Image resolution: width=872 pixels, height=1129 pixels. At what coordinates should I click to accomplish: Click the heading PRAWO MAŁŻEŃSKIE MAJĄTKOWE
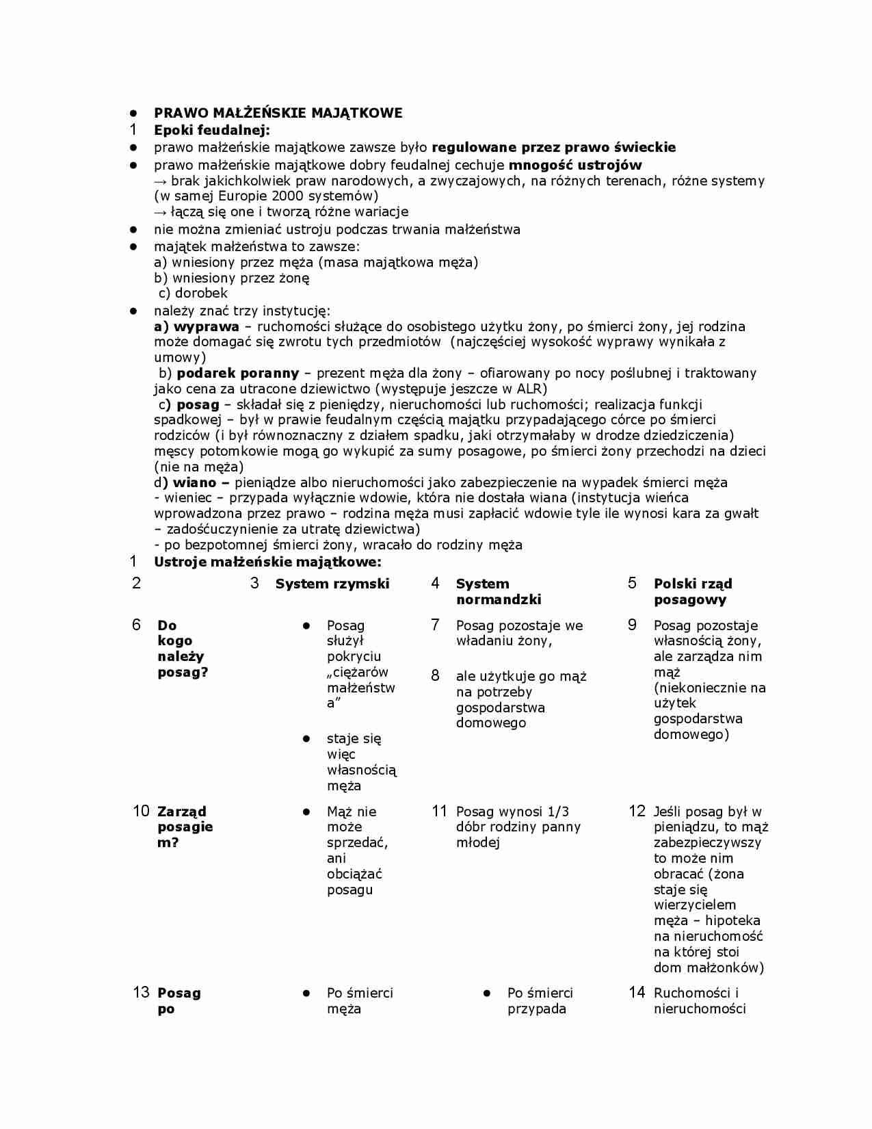(x=278, y=113)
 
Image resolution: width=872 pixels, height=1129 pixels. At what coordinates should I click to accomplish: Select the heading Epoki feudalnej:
(x=211, y=130)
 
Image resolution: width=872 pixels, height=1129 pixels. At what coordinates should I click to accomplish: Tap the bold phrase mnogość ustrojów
(x=575, y=165)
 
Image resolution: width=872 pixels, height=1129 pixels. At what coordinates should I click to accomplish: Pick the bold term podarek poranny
(x=237, y=373)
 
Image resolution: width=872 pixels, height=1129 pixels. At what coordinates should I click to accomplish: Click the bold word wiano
(x=194, y=482)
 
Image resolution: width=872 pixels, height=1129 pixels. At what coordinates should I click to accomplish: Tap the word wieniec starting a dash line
(x=187, y=498)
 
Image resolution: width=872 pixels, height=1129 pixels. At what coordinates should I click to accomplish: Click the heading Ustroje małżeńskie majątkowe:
(x=267, y=562)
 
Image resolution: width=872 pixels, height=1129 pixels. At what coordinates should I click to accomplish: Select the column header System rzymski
(x=332, y=584)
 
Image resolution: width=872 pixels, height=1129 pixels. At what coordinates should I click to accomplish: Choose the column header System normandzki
(x=498, y=591)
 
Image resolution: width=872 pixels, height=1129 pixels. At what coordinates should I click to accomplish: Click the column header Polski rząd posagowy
(x=692, y=591)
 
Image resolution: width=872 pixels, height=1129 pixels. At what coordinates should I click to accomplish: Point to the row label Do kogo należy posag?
(x=182, y=649)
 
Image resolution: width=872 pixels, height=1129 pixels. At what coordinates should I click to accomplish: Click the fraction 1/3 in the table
(x=558, y=812)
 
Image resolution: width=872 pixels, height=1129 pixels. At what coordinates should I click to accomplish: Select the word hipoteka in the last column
(x=732, y=921)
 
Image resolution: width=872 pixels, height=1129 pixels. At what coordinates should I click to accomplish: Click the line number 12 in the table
(x=637, y=812)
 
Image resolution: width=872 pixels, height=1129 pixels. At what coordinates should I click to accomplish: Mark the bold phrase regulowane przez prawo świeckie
(x=553, y=147)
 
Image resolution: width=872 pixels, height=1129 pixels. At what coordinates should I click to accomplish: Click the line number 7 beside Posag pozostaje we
(x=435, y=625)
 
